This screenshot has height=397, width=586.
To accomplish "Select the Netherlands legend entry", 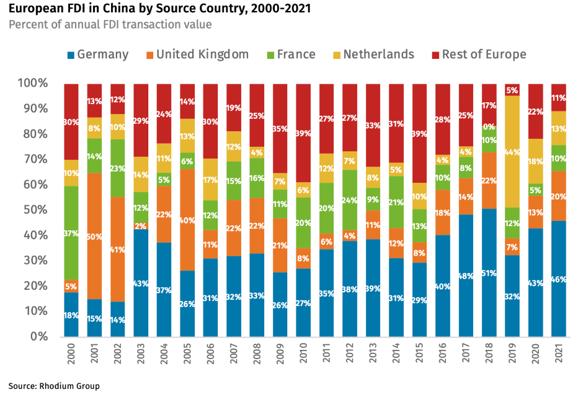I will pos(371,55).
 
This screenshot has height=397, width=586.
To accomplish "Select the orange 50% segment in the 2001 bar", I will pos(95,236).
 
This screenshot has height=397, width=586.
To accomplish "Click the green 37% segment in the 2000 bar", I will pos(71,233).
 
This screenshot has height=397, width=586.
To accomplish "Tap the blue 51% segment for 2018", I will pos(489,273).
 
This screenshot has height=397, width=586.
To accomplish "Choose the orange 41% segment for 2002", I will pos(118,249).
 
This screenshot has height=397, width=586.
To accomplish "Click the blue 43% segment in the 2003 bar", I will pos(141,282).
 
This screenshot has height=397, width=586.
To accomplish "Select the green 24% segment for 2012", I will pos(350,201).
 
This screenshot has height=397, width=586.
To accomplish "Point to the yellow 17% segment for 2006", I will pos(211,180).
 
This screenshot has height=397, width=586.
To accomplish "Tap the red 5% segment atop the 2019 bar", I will pos(512,90).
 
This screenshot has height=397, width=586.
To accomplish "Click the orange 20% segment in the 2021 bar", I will pos(559,196).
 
